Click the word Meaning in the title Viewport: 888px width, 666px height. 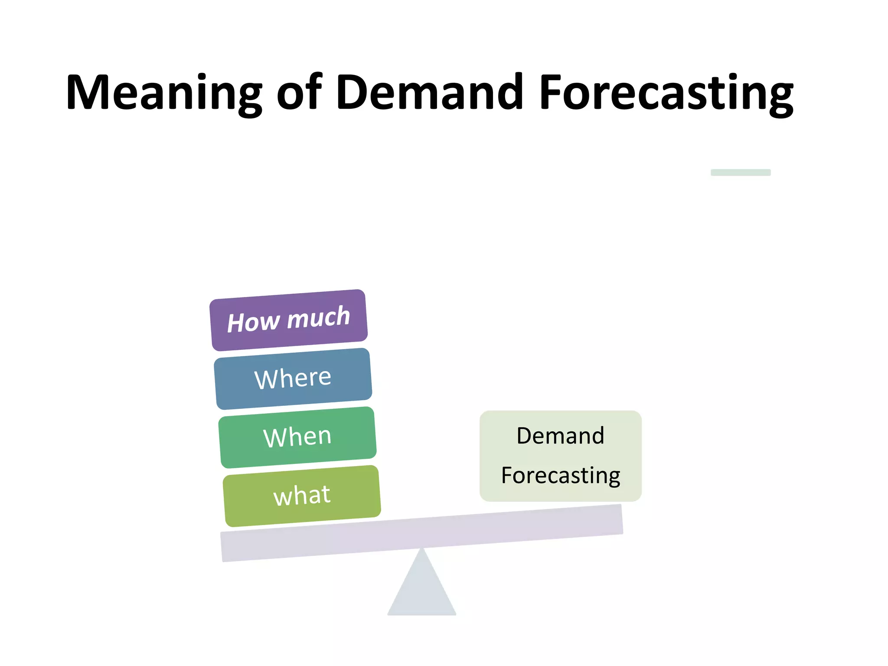pyautogui.click(x=164, y=92)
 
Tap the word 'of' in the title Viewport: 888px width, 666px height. pyautogui.click(x=299, y=92)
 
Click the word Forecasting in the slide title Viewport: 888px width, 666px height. pyautogui.click(x=666, y=92)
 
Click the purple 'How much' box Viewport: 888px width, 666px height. pyautogui.click(x=289, y=320)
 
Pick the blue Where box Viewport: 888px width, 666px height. pyautogui.click(x=293, y=379)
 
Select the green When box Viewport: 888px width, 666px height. pyautogui.click(x=297, y=437)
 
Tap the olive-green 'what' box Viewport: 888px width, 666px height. pyautogui.click(x=302, y=496)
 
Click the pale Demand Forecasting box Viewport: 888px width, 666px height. pyautogui.click(x=560, y=456)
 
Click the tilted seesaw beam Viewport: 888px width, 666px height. pyautogui.click(x=421, y=533)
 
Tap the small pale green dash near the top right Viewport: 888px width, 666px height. pyautogui.click(x=740, y=172)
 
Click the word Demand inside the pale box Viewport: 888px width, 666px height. pyautogui.click(x=560, y=436)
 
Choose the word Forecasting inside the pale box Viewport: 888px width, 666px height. pyautogui.click(x=560, y=476)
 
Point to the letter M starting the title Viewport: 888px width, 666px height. pyautogui.click(x=89, y=92)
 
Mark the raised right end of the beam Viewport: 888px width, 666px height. pyautogui.click(x=616, y=519)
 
